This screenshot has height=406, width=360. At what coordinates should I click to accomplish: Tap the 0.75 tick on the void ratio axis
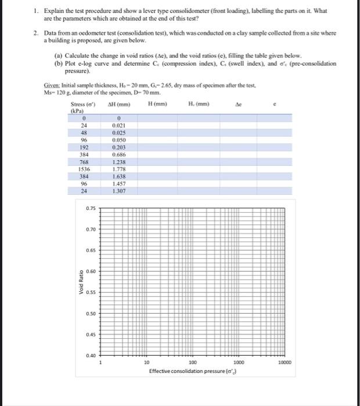click(x=91, y=208)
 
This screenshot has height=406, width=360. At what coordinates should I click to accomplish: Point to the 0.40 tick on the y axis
click(x=91, y=356)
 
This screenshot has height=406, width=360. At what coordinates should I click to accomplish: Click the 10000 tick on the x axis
click(x=284, y=362)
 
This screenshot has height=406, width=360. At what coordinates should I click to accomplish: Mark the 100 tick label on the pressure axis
click(x=193, y=362)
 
